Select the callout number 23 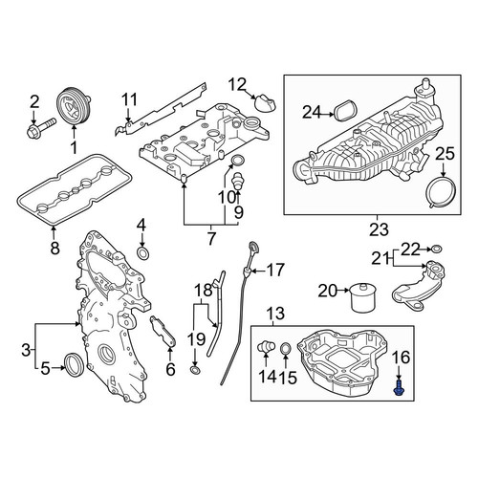click(x=379, y=229)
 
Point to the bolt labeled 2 click(x=41, y=126)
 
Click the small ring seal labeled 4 click(x=142, y=252)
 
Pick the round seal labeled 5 click(x=75, y=363)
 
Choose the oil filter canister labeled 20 click(x=363, y=296)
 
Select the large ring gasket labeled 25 click(x=441, y=193)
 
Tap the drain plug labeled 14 click(x=266, y=346)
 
